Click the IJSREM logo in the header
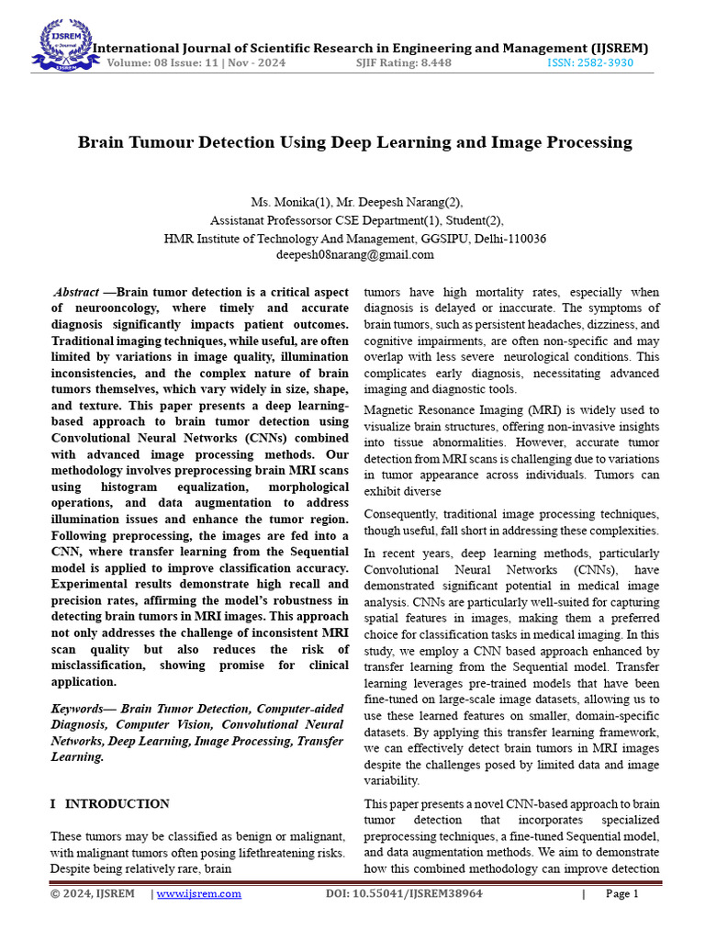[x=63, y=45]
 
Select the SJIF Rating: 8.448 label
[x=403, y=63]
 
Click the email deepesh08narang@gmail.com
[x=354, y=254]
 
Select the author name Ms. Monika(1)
[x=281, y=202]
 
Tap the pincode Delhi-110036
[x=508, y=238]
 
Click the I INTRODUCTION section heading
[x=109, y=803]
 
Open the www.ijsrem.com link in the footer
[x=199, y=893]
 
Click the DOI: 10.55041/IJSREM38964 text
[x=404, y=893]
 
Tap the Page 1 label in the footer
[x=621, y=893]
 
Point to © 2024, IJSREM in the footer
[x=92, y=893]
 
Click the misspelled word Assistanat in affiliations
[x=241, y=220]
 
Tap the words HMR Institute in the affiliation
[x=203, y=238]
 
